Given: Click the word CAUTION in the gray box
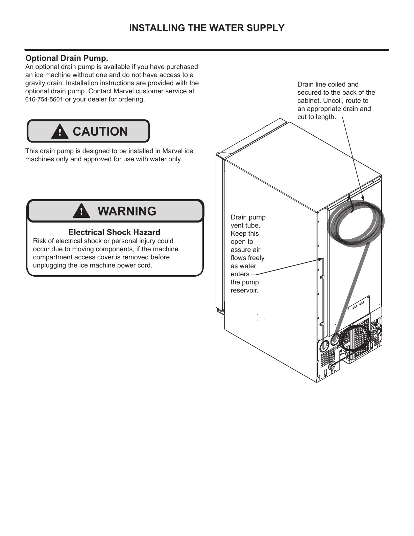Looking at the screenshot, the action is click(x=100, y=132).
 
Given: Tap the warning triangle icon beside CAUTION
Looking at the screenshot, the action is click(x=59, y=132).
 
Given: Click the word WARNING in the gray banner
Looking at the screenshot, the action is click(x=127, y=211).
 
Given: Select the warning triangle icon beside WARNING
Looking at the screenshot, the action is click(x=81, y=211).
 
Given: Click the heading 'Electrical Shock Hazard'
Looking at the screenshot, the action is click(x=114, y=232).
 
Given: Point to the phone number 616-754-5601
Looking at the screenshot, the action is click(x=44, y=100).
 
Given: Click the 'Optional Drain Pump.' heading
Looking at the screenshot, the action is click(x=67, y=58).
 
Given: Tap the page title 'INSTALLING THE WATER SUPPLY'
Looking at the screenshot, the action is click(x=206, y=28).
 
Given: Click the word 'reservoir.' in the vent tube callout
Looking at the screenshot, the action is click(x=244, y=290).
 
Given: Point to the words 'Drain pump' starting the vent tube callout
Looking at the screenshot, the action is click(x=248, y=217).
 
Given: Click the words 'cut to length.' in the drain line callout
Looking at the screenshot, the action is click(x=317, y=117).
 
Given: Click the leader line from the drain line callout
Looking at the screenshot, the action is click(x=351, y=156).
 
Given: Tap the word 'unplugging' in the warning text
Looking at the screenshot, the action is click(x=49, y=265).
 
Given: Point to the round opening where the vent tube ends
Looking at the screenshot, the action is click(x=324, y=347).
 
